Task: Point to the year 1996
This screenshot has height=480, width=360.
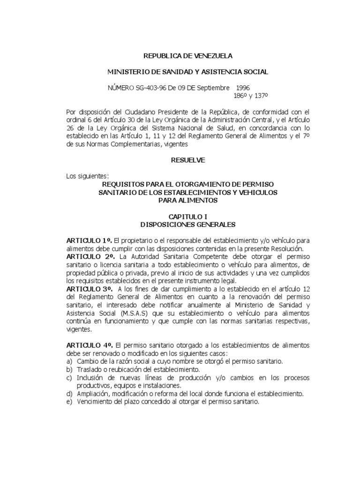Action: coord(243,88)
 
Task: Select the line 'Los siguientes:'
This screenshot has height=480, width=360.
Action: coord(88,176)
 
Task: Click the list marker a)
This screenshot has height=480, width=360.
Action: coord(69,361)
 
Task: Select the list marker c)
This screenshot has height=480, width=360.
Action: coord(69,377)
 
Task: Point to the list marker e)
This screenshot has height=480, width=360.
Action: coord(69,402)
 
